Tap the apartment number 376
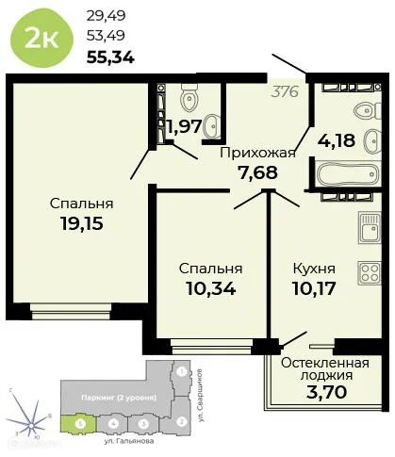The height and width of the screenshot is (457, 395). [x=287, y=91]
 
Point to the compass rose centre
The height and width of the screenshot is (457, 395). [x=25, y=416]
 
